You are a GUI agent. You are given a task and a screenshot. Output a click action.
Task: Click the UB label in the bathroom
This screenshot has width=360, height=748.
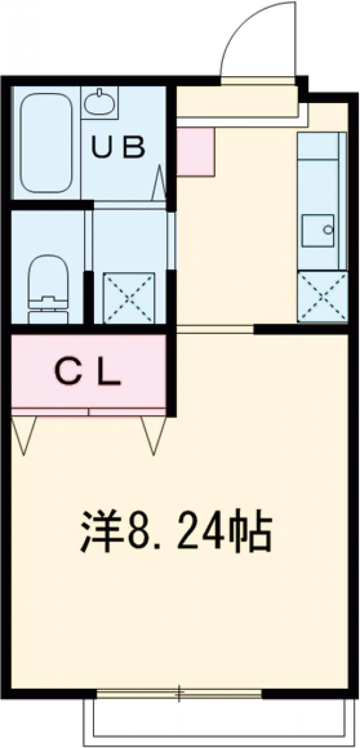click(x=118, y=148)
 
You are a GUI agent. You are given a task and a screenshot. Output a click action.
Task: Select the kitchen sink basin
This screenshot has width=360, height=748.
click(x=318, y=231)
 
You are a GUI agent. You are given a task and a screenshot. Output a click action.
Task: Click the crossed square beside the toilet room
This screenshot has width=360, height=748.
click(x=129, y=298)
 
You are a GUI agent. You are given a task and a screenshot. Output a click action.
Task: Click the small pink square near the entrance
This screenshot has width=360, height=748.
click(x=196, y=152)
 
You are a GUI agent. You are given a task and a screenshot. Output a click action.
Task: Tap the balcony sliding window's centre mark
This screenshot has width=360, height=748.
click(x=178, y=694)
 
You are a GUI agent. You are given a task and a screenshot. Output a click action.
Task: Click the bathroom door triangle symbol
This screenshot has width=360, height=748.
click(x=160, y=184)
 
